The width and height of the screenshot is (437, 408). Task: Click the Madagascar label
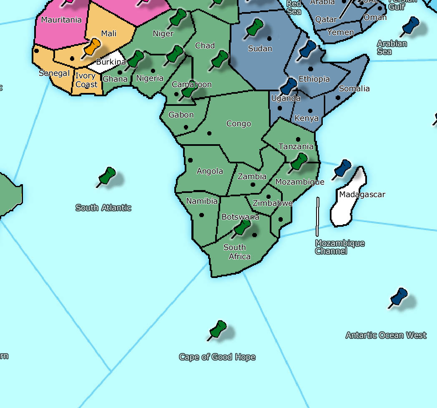tap(362, 195)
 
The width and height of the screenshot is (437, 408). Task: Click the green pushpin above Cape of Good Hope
tap(218, 329)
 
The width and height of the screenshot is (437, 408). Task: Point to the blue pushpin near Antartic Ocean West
tap(399, 297)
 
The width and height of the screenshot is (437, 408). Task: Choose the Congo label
tap(239, 124)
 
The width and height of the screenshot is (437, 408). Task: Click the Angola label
tap(210, 171)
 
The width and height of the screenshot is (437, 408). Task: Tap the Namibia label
tap(202, 201)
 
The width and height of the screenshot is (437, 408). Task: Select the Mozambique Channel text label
tap(339, 247)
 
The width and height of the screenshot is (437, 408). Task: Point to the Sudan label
tap(260, 49)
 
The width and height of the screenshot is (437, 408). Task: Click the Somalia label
tap(354, 89)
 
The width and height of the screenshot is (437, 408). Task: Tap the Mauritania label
tap(61, 20)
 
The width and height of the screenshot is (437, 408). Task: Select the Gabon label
tap(181, 115)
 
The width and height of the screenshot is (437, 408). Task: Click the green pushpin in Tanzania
tap(299, 161)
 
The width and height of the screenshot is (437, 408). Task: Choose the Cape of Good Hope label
tap(217, 357)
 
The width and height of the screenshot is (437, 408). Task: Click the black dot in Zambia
tap(252, 185)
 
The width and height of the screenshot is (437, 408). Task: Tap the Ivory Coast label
tap(86, 80)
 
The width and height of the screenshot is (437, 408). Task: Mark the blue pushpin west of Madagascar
tap(343, 168)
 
